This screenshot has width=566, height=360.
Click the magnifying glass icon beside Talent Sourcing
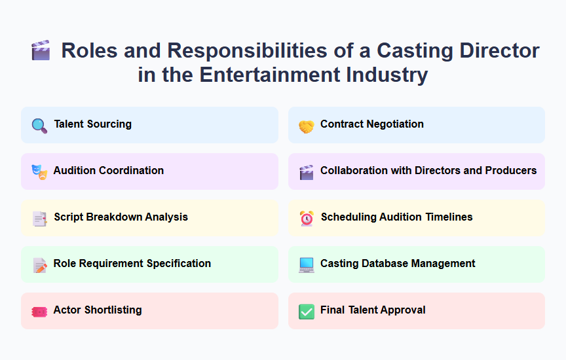point(39,125)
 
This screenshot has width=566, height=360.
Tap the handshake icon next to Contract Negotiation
point(306,126)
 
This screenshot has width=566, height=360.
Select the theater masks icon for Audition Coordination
point(39,171)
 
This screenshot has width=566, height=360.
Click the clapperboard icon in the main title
point(41,50)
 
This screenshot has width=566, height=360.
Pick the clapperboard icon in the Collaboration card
point(306,171)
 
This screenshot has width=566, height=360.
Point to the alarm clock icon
point(306,218)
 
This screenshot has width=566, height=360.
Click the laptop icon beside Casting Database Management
point(306,264)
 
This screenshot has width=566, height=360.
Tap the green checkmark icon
point(306,311)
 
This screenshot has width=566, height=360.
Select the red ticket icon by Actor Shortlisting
point(39,311)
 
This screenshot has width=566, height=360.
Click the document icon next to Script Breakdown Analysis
point(39,218)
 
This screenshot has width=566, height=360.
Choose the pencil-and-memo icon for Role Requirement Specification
point(39,264)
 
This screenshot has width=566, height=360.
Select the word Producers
point(511,171)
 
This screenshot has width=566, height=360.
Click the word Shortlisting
point(113,310)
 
